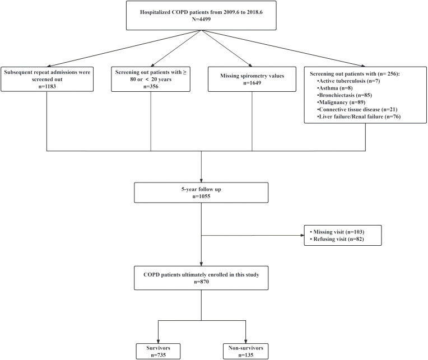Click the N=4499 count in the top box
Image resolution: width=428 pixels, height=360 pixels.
[x=201, y=20]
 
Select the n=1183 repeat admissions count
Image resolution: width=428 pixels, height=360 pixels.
[x=47, y=86]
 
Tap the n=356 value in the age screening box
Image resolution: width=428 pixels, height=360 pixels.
[x=151, y=86]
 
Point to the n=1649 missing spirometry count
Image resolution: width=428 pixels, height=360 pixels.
[x=252, y=83]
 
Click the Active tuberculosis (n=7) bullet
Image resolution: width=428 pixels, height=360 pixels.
[x=348, y=81]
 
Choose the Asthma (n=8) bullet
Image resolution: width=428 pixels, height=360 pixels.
[x=334, y=88]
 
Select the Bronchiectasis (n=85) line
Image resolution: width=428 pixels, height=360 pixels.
[x=344, y=95]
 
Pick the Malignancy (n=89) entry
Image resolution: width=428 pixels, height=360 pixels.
[x=341, y=102]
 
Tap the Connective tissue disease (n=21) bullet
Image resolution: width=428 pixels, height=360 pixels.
[x=357, y=109]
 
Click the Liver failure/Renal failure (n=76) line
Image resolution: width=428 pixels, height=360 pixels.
[x=359, y=116]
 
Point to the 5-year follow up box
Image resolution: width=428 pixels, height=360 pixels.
[x=201, y=193]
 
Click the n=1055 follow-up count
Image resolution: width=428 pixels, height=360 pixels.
[x=201, y=197]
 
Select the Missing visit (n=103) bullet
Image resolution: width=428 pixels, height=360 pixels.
[x=337, y=232]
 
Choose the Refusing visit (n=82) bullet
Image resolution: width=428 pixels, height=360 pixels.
[x=337, y=239]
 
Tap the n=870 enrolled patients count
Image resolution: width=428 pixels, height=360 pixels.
[x=201, y=282]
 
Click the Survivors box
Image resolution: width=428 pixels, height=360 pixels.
[x=159, y=351]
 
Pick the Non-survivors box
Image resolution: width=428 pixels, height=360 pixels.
[x=246, y=351]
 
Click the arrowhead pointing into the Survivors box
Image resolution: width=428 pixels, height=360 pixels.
[x=159, y=342]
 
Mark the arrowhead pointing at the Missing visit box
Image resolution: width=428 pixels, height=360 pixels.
[x=302, y=235]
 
